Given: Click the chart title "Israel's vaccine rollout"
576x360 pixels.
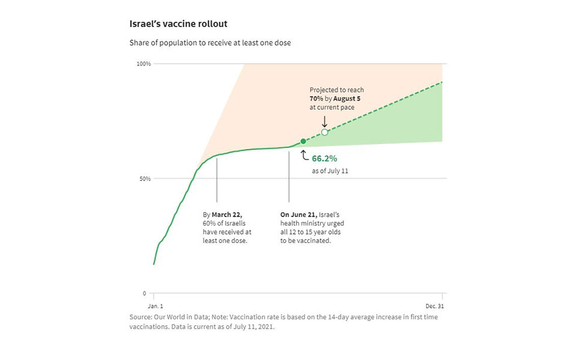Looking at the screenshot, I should tap(178, 24).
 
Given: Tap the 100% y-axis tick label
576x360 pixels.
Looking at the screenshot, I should tap(143, 64).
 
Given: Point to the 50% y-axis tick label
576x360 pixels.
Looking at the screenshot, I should tap(145, 179).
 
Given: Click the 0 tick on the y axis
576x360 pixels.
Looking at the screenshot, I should tap(145, 293).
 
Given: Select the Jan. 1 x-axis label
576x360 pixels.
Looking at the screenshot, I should tap(154, 305).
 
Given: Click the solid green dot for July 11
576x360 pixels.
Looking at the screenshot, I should tap(303, 141).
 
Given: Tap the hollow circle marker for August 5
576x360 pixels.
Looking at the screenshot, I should tap(325, 132).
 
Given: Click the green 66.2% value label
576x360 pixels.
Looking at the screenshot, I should tap(325, 159).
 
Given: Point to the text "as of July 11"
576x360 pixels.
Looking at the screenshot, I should tap(330, 171).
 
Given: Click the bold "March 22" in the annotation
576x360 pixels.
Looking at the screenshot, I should tap(227, 214).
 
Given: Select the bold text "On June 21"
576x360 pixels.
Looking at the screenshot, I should tap(298, 214).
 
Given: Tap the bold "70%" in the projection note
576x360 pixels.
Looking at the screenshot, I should tap(317, 99).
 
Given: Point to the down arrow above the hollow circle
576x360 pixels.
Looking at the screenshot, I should tap(325, 121).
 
